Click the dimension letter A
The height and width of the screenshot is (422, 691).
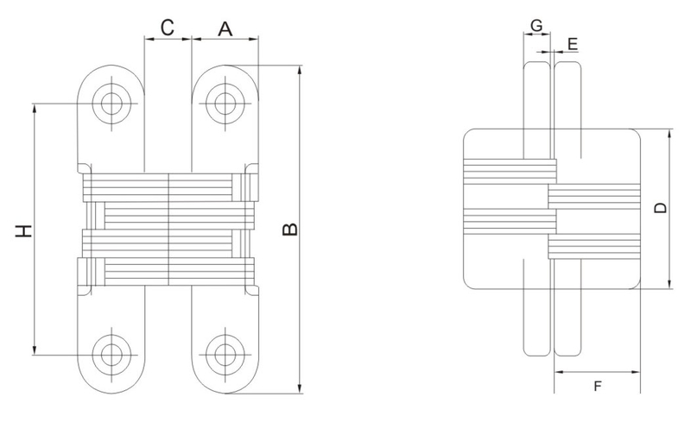(225, 29)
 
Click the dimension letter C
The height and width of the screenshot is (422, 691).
(168, 28)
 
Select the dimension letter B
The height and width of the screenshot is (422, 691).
(289, 230)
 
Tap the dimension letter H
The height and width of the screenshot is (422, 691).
(24, 230)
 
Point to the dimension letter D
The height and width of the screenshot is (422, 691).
(660, 208)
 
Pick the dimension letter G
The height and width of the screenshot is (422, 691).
(536, 26)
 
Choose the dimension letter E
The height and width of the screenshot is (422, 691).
(573, 44)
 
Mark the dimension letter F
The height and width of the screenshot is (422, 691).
(598, 387)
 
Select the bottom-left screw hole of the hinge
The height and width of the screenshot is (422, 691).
(111, 354)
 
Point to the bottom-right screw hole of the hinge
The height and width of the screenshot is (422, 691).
(225, 354)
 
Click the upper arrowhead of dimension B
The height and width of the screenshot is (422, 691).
(300, 71)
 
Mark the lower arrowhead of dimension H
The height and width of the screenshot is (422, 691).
(34, 350)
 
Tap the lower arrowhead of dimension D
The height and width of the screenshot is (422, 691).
(669, 284)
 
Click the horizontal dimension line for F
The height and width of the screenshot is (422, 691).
(597, 372)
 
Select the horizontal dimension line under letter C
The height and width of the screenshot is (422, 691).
(168, 39)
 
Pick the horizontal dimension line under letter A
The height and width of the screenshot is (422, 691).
(225, 39)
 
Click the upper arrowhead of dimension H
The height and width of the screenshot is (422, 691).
(34, 109)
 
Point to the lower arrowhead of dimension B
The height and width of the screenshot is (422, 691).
(300, 388)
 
